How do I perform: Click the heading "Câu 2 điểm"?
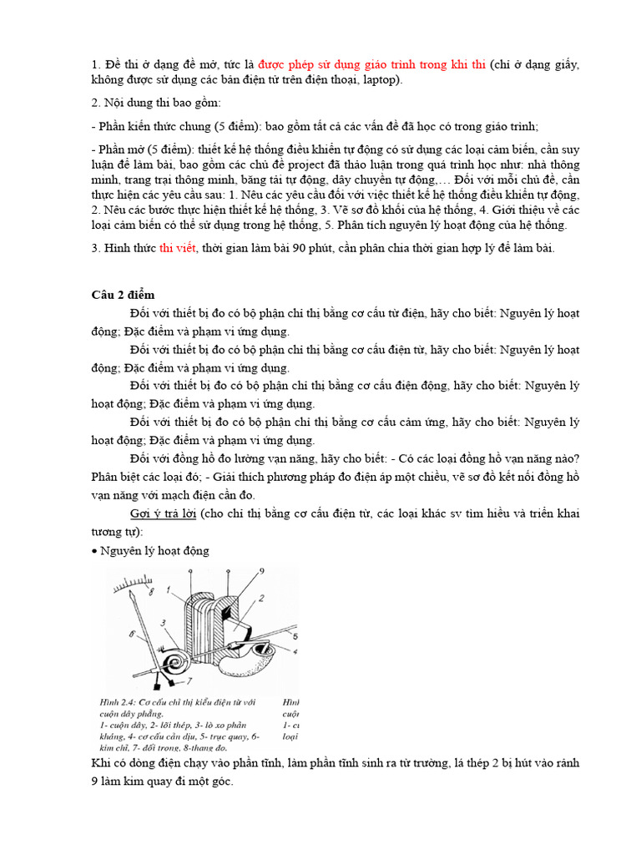(x=123, y=295)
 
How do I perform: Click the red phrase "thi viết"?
(x=176, y=248)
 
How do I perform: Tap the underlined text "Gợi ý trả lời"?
(x=163, y=513)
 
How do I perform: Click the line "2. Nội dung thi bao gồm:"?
(x=155, y=104)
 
